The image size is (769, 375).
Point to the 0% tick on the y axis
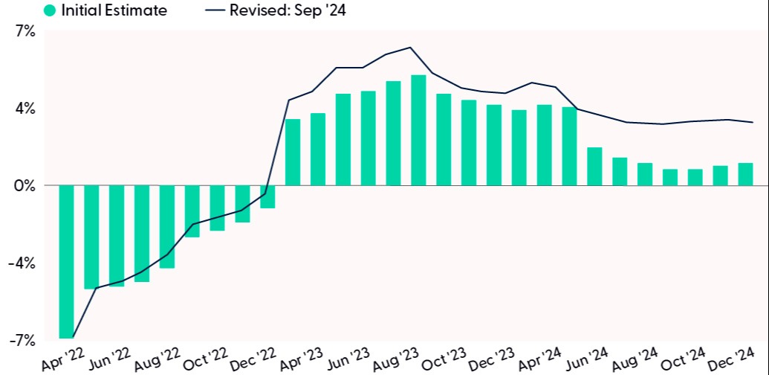(25, 185)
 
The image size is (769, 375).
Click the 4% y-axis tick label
(25, 109)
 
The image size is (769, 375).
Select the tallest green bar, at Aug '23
(418, 130)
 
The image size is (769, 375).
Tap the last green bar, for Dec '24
(745, 174)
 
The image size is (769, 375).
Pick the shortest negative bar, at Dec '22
(267, 196)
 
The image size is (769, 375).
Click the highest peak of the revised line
(411, 48)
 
